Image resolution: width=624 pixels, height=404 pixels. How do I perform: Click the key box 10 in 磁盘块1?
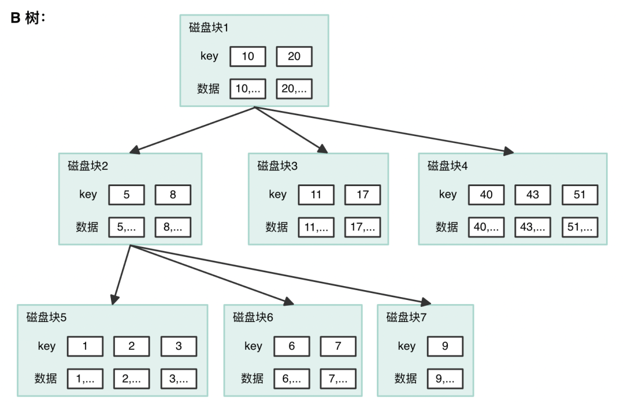pyautogui.click(x=248, y=57)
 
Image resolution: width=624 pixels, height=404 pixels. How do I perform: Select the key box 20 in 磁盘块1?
pyautogui.click(x=294, y=57)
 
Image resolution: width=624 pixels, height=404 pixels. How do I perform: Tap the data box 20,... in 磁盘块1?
pyautogui.click(x=294, y=89)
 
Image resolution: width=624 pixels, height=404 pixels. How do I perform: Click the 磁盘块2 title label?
pyautogui.click(x=88, y=166)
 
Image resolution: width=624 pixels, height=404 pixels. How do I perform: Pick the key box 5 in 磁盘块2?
pyautogui.click(x=127, y=195)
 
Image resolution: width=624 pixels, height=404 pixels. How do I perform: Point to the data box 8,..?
pyautogui.click(x=173, y=227)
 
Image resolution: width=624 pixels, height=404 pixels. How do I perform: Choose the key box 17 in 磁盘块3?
pyautogui.click(x=362, y=195)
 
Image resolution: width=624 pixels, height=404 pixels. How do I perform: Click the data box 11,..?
pyautogui.click(x=316, y=227)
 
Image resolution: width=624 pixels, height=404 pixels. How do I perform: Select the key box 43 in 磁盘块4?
pyautogui.click(x=533, y=195)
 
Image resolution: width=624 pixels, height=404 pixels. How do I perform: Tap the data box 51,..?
pyautogui.click(x=580, y=227)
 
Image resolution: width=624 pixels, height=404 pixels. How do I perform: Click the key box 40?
pyautogui.click(x=486, y=195)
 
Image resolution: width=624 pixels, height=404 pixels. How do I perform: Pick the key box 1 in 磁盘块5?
pyautogui.click(x=86, y=346)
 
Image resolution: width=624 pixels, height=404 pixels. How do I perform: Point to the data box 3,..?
pyautogui.click(x=179, y=379)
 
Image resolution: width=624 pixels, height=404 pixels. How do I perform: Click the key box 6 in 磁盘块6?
pyautogui.click(x=292, y=346)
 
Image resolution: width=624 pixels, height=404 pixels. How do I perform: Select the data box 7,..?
pyautogui.click(x=338, y=379)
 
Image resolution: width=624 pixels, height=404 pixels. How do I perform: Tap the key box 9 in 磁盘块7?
pyautogui.click(x=445, y=346)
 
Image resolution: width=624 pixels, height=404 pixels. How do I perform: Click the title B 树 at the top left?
pyautogui.click(x=28, y=18)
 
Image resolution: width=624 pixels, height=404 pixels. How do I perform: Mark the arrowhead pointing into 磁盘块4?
pyautogui.click(x=508, y=152)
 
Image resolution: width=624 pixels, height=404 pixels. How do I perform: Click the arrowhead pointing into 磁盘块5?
pyautogui.click(x=114, y=299)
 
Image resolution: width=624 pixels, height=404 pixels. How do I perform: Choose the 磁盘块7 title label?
pyautogui.click(x=407, y=317)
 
